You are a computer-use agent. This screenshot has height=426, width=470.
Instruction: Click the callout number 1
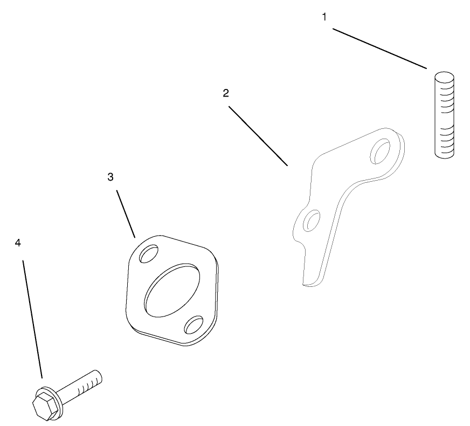coord(324,17)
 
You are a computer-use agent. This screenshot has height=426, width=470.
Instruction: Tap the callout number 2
coord(226,93)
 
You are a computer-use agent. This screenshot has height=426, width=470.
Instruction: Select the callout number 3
coord(110,177)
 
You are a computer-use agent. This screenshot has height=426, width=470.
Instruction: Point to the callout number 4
coord(18,243)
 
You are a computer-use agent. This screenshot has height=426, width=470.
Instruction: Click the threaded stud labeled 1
coord(444,115)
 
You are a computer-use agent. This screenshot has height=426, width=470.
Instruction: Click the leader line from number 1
coord(380,49)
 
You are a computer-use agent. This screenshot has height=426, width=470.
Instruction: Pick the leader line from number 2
coord(258,136)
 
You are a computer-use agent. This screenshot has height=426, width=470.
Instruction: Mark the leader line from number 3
coord(126,214)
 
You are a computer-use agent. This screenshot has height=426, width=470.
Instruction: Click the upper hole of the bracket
coord(381,151)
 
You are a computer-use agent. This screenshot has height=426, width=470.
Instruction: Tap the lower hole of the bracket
coord(312,221)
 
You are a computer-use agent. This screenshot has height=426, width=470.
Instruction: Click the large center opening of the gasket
coord(172,290)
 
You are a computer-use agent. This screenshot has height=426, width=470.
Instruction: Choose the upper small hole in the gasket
coord(149,253)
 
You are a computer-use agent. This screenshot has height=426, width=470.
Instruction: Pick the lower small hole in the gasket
coord(193,325)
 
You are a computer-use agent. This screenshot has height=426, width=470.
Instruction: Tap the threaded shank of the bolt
coord(80,387)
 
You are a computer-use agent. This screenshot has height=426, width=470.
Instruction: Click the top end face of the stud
coord(444,77)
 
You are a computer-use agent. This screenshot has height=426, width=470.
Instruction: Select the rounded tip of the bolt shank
coord(99,376)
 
